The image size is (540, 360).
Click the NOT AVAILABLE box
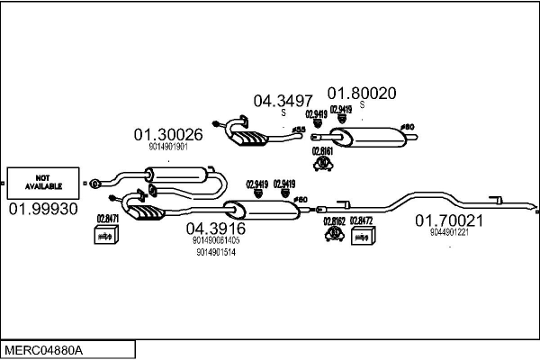click(x=42, y=184)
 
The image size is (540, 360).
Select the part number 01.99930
click(x=42, y=209)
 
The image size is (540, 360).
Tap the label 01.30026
click(x=168, y=135)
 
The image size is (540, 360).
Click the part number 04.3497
click(x=283, y=101)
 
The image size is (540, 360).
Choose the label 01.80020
click(x=360, y=92)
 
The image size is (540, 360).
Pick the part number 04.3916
click(x=215, y=229)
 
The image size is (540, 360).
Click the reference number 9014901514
click(x=215, y=252)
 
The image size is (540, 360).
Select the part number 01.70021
click(x=449, y=220)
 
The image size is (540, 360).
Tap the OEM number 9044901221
click(x=449, y=231)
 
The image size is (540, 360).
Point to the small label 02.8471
click(x=107, y=219)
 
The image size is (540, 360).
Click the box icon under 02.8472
click(x=361, y=236)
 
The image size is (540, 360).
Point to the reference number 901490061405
click(x=215, y=240)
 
